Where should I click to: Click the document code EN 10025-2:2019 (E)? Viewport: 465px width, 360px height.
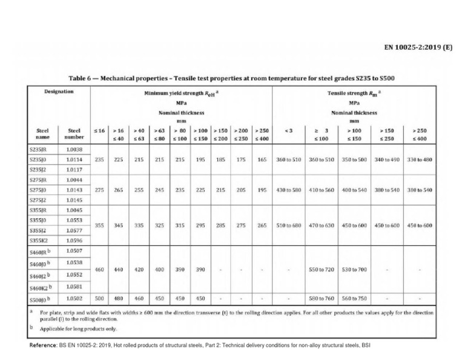pos(418,47)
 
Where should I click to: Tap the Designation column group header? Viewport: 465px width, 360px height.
pos(59,92)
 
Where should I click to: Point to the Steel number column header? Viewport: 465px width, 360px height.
pos(74,133)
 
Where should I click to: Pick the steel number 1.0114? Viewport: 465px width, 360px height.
pos(74,159)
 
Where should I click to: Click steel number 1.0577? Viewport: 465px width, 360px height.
pos(74,231)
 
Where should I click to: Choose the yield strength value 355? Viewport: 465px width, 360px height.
pos(100,225)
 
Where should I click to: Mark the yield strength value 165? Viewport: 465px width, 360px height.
pos(262,159)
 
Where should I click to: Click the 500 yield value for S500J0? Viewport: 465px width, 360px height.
pos(100,299)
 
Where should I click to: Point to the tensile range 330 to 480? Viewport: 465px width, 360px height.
pos(420,159)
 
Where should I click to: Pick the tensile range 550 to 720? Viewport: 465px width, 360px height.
pos(322,269)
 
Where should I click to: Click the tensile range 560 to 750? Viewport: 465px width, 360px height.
pos(354,299)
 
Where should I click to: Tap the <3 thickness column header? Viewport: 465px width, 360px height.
pos(288,131)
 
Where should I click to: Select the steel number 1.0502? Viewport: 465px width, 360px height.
pos(74,299)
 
